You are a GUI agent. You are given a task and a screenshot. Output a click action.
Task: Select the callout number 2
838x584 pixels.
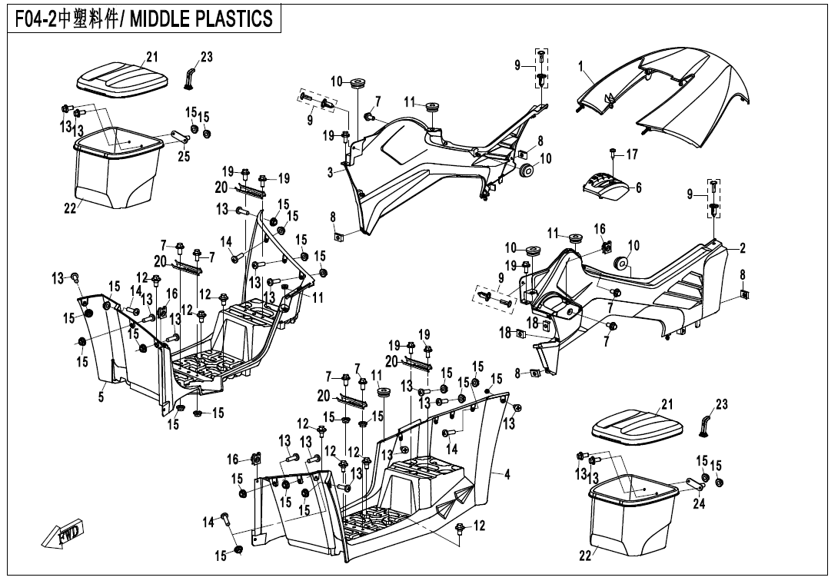tap(743, 247)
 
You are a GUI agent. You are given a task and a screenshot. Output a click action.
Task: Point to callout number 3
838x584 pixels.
tap(330, 173)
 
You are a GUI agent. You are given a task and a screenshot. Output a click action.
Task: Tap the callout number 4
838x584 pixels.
tap(507, 474)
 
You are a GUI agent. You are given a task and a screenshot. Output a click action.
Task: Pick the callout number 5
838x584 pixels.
tap(100, 397)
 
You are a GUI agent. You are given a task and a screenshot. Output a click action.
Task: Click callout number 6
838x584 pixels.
tap(638, 187)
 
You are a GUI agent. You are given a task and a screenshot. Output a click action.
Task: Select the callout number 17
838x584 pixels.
tap(631, 154)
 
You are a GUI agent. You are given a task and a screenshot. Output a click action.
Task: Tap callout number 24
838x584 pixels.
tap(699, 504)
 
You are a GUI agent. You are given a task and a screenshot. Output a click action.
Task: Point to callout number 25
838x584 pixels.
tap(183, 158)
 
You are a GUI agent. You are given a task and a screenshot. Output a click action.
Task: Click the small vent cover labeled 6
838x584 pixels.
tap(607, 185)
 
